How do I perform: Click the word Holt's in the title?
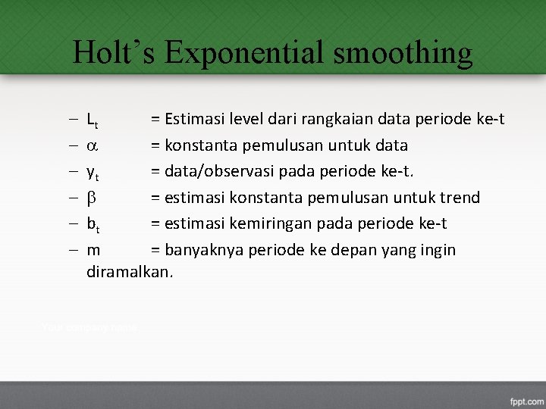pyautogui.click(x=114, y=53)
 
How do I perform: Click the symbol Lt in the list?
pyautogui.click(x=93, y=120)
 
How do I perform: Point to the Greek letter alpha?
pyautogui.click(x=92, y=145)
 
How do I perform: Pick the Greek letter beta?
pyautogui.click(x=92, y=198)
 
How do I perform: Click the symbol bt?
pyautogui.click(x=93, y=224)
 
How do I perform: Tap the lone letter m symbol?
pyautogui.click(x=94, y=250)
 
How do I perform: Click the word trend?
pyautogui.click(x=460, y=198)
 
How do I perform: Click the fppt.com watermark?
pyautogui.click(x=525, y=399)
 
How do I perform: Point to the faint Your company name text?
pyautogui.click(x=89, y=328)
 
